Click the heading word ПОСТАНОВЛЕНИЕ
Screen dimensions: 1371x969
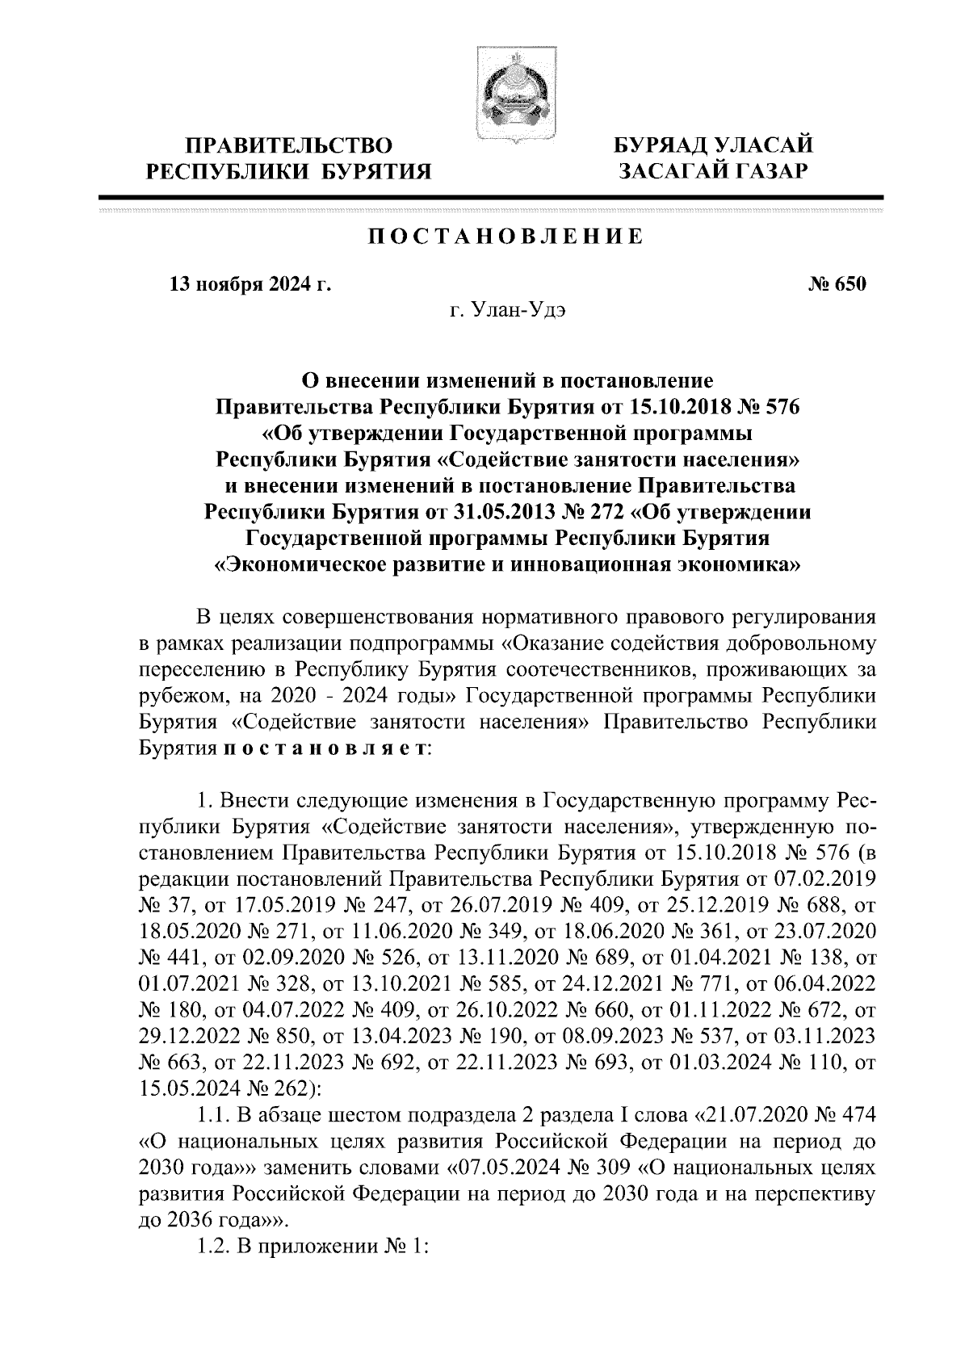pos(506,237)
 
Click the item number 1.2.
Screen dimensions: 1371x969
pos(213,1244)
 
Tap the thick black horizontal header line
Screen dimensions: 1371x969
pos(490,197)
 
